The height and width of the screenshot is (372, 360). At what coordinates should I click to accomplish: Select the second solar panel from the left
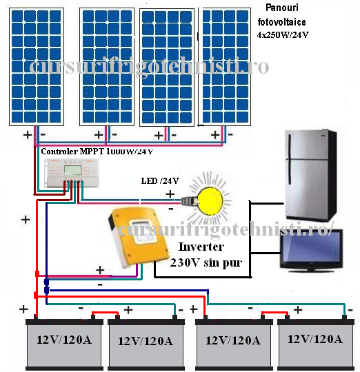click(107, 66)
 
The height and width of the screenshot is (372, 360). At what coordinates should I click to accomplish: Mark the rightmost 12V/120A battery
click(314, 342)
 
